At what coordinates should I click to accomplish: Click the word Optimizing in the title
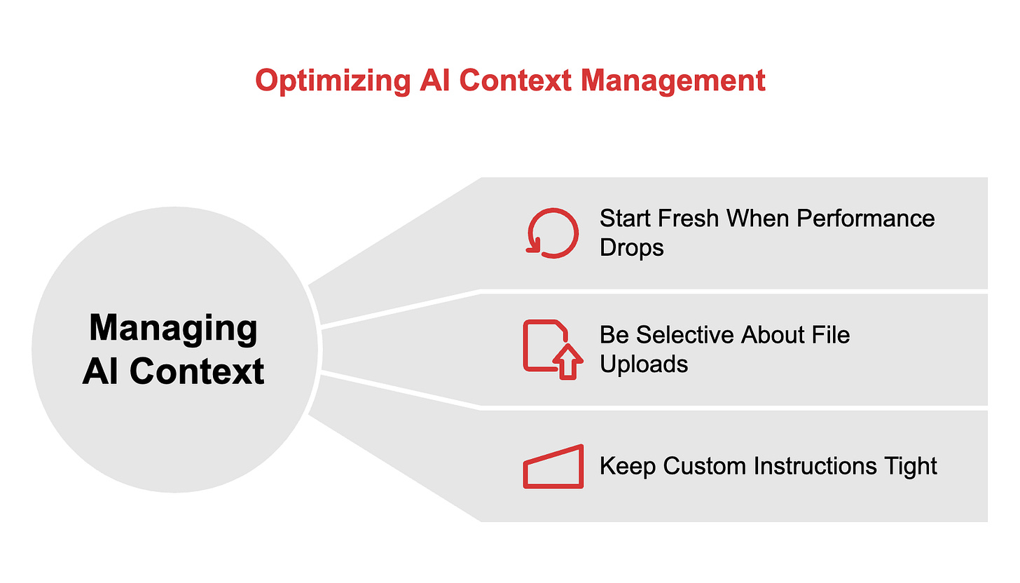[x=331, y=81]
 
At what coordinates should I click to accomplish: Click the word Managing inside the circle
[x=174, y=328]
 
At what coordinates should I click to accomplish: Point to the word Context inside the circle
[x=197, y=371]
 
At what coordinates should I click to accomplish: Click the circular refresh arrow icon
[x=552, y=234]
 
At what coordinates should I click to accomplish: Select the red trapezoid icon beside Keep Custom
[x=553, y=466]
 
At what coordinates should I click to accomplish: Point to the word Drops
[x=631, y=247]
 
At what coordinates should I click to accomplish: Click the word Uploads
[x=643, y=364]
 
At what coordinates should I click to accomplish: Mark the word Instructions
[x=816, y=466]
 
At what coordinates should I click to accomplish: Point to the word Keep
[x=628, y=466]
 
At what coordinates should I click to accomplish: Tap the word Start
[x=623, y=218]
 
